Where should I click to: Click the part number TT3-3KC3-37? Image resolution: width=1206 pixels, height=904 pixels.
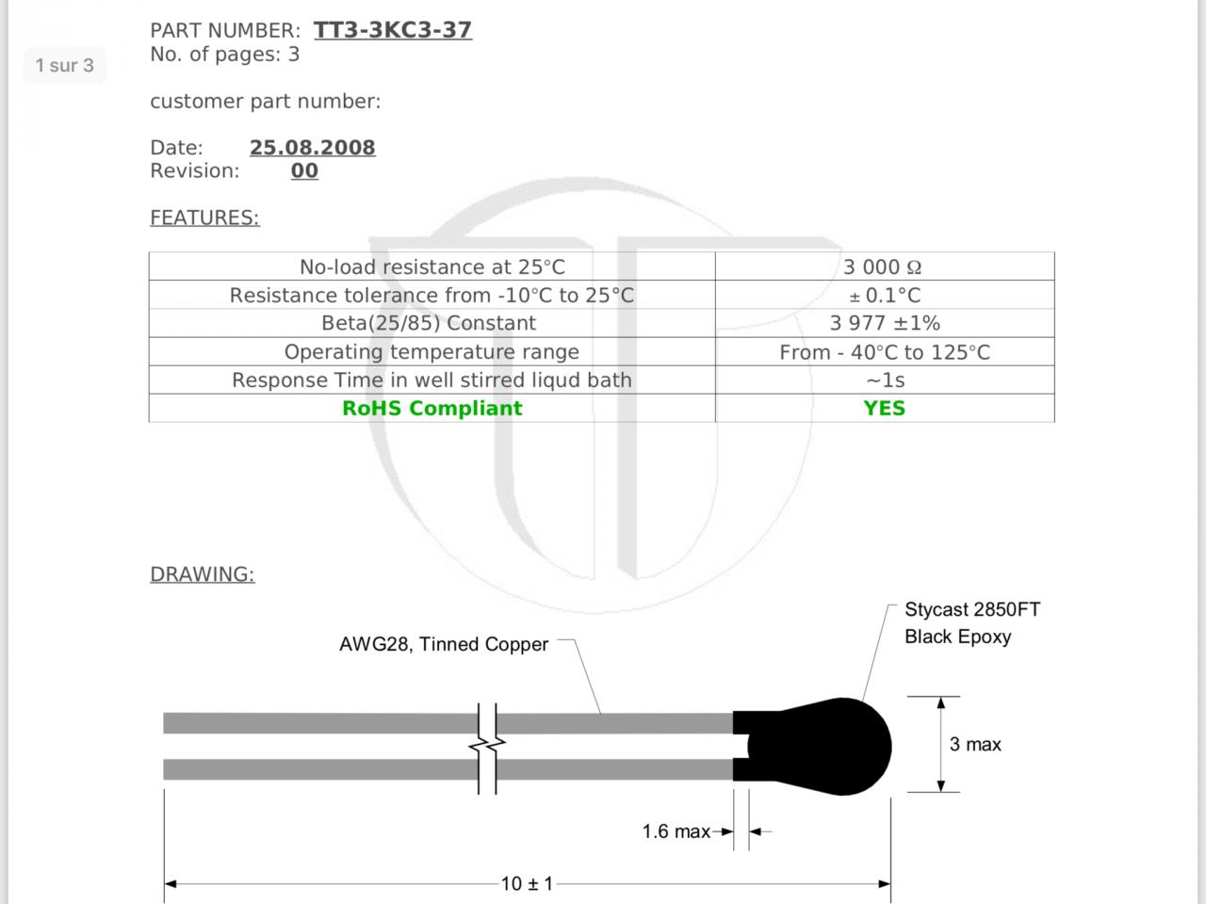point(392,29)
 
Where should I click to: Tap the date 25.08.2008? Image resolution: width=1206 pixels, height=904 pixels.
point(313,147)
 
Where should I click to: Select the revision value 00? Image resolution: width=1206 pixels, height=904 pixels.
point(304,170)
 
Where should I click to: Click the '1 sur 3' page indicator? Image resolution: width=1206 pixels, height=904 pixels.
point(65,65)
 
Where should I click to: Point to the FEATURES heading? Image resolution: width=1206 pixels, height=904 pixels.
point(204,218)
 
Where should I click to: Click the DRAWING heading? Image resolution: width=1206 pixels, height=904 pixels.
point(203,574)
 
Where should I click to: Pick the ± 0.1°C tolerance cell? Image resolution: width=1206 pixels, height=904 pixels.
point(885,296)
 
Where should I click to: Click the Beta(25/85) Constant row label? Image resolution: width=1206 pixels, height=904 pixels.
point(429,323)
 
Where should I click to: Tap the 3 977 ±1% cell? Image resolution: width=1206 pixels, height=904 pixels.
point(885,323)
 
